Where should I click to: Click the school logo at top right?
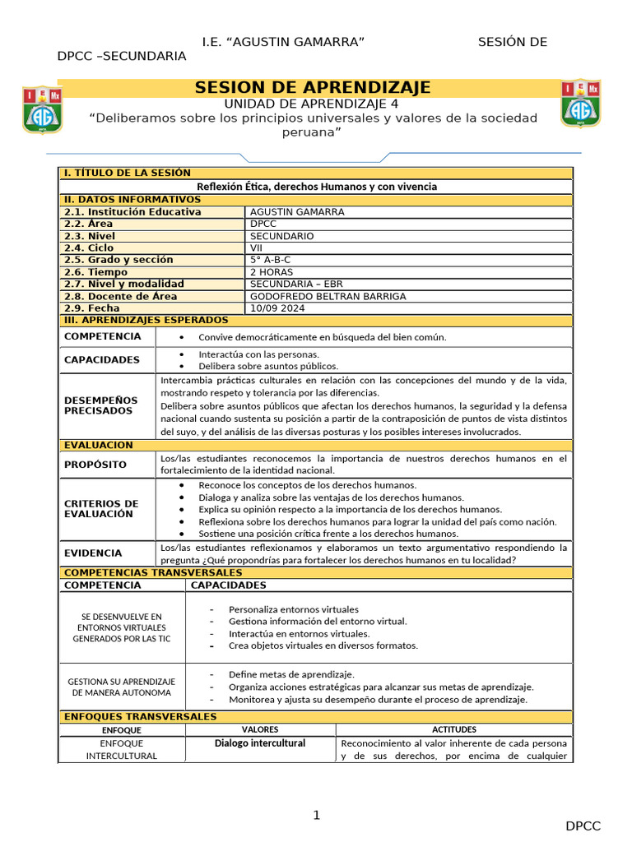point(580,104)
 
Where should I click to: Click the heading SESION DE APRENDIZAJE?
point(312,88)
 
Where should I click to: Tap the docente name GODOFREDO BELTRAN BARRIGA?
point(328,296)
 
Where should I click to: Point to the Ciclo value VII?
point(257,248)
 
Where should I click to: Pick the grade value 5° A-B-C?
point(270,260)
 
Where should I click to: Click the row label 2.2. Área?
point(89,224)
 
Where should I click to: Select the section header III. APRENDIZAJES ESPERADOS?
point(146,320)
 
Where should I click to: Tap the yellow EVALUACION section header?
point(98,445)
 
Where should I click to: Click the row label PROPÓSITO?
point(95,465)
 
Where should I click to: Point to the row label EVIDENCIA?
point(93,553)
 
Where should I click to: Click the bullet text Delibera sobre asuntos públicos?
point(268,366)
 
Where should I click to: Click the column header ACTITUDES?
point(454,729)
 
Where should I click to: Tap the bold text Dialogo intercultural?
point(259,743)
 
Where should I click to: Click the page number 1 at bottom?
point(315,816)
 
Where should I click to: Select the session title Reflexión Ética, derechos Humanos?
point(317,187)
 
